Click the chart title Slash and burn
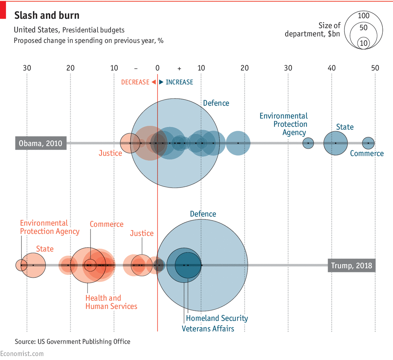coord(47,16)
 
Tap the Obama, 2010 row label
coord(41,143)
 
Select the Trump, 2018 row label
coord(351,266)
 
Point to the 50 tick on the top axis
coord(375,68)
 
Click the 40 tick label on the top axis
coord(332,68)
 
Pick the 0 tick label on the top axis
coord(158,68)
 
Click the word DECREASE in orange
coord(135,82)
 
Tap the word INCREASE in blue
coord(179,82)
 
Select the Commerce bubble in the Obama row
coord(368,143)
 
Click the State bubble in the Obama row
coord(336,143)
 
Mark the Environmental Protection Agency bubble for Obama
coord(308,143)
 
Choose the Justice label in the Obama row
coord(110,153)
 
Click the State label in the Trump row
coord(45,249)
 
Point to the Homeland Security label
coord(217,318)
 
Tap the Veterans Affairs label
coord(208,329)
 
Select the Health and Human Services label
coord(111,302)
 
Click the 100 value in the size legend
coord(364,16)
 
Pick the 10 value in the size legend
coord(364,43)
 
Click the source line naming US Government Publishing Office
coord(73,342)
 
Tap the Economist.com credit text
coord(22,354)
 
